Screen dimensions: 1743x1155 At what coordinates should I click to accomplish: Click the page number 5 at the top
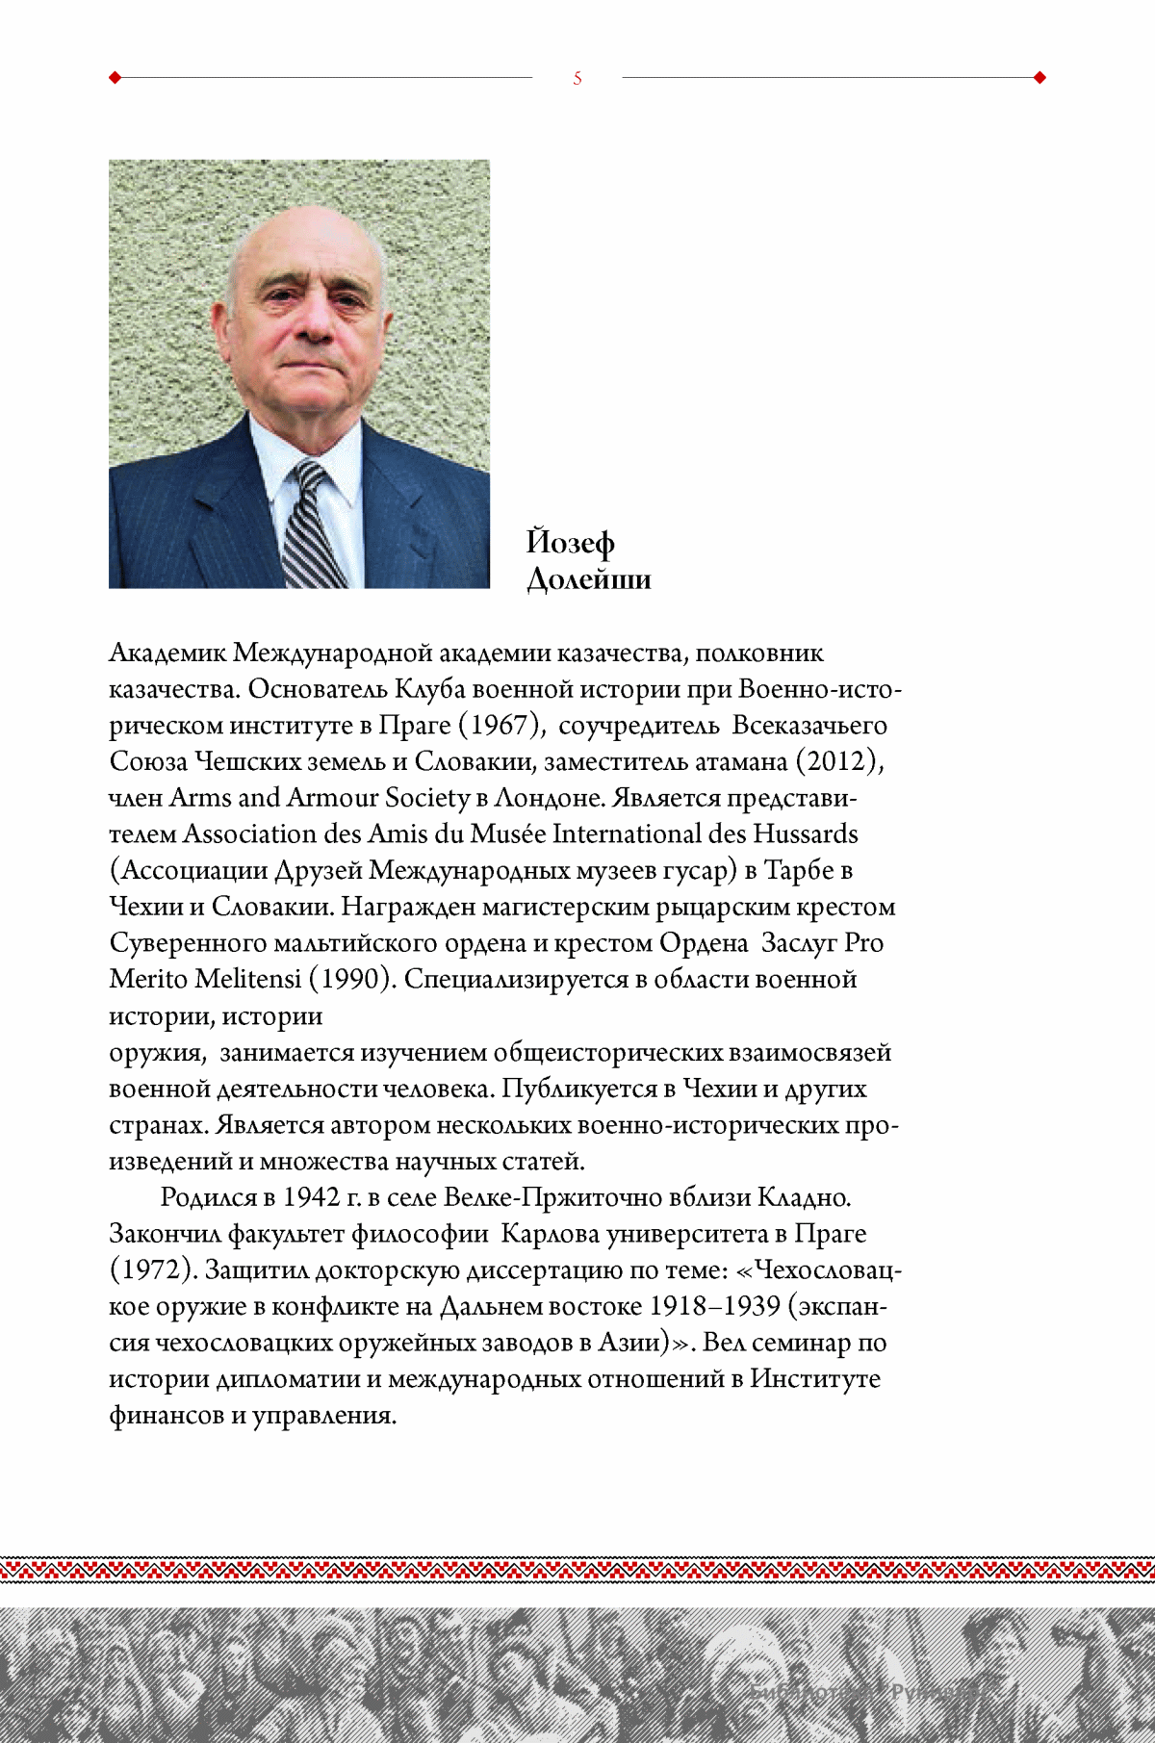[x=577, y=78]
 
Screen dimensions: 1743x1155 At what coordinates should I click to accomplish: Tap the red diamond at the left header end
[x=115, y=78]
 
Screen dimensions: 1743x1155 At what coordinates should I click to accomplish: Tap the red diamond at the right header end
[x=1039, y=78]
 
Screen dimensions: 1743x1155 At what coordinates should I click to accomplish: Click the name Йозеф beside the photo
[x=571, y=543]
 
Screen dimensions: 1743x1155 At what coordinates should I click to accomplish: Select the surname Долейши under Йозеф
[x=589, y=579]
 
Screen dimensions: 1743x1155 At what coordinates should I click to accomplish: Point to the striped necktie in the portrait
[x=315, y=529]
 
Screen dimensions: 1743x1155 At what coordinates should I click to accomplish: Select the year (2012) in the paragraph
[x=838, y=761]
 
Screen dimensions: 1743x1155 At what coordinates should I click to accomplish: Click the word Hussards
[x=806, y=833]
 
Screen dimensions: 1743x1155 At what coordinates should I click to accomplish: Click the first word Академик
[x=168, y=653]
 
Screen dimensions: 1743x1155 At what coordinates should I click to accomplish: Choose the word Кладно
[x=805, y=1197]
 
